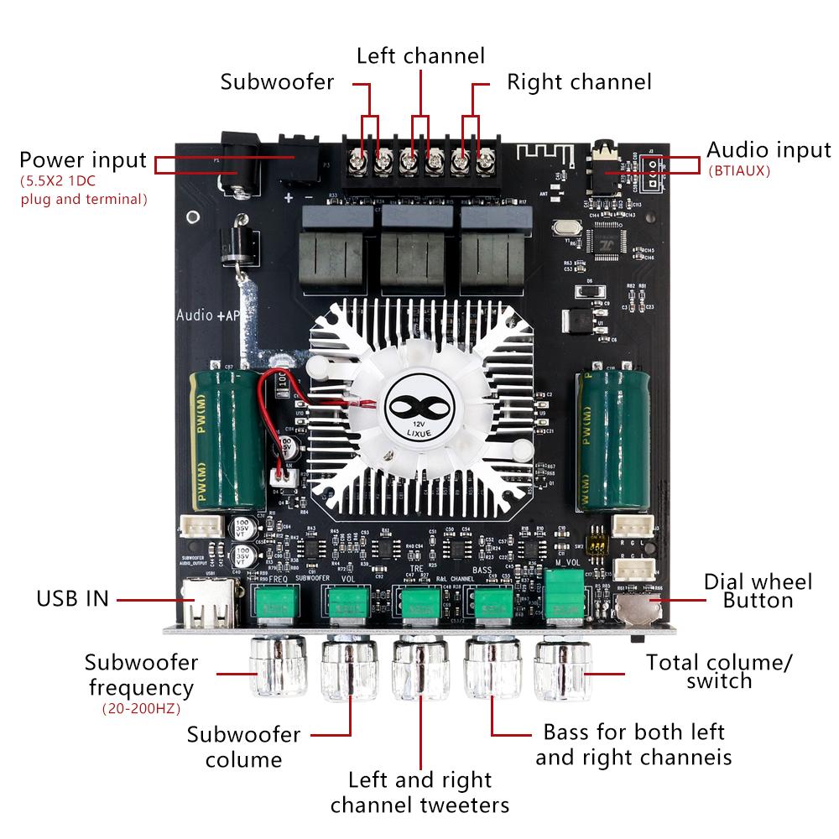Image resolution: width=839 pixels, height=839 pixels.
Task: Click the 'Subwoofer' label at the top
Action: [x=277, y=82]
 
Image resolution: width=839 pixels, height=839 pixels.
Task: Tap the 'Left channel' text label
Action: [x=420, y=56]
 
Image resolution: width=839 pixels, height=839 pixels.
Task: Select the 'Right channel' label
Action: [x=579, y=82]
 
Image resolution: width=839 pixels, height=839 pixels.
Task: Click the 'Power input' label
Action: [x=83, y=159]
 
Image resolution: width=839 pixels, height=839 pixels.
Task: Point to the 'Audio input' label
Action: [x=768, y=150]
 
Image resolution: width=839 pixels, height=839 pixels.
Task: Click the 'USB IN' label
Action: [x=72, y=599]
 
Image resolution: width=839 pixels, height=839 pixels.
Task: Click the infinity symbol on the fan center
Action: [x=422, y=403]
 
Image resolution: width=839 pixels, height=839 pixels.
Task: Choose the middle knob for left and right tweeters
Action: [x=420, y=671]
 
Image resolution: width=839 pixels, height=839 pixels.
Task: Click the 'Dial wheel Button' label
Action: [x=758, y=591]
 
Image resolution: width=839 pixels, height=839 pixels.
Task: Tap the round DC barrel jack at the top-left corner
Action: [x=240, y=164]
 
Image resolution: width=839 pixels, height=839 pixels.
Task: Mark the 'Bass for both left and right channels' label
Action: [x=633, y=744]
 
